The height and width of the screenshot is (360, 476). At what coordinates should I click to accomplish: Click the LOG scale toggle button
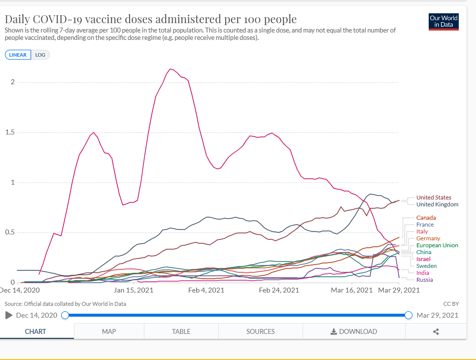pos(40,55)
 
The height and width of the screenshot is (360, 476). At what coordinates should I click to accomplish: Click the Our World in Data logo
pos(443,22)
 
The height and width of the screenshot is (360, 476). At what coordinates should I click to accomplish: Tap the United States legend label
pos(434,197)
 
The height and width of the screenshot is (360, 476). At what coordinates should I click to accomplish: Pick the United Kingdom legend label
pos(437,204)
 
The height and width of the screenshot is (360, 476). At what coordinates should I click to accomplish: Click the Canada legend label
pos(426,218)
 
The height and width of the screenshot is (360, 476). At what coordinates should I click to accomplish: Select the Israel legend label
pos(423,259)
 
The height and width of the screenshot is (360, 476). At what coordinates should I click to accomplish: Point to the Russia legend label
pos(424,280)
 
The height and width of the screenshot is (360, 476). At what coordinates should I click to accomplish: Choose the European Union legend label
pos(437,245)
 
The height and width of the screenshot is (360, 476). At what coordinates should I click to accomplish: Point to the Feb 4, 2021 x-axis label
pos(206,290)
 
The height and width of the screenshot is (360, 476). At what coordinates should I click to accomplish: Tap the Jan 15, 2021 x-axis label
pos(134,290)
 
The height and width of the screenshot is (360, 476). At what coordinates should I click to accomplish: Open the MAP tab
pos(109,331)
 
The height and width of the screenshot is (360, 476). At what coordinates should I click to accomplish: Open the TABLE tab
pos(181,331)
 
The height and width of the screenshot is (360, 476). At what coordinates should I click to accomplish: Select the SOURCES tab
pos(261,331)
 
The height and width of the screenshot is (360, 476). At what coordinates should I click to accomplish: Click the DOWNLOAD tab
pos(354,331)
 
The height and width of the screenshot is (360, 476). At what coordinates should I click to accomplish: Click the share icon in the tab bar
pos(436,331)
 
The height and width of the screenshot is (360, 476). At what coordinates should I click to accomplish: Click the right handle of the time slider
pos(408,315)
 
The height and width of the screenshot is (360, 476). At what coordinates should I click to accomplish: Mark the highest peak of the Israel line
pos(170,69)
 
